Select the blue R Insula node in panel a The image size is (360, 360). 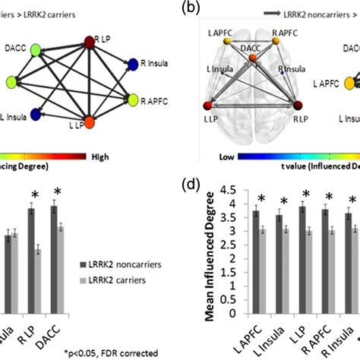click(x=133, y=65)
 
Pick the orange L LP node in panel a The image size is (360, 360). click(x=89, y=122)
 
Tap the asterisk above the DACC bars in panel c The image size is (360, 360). click(x=54, y=191)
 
